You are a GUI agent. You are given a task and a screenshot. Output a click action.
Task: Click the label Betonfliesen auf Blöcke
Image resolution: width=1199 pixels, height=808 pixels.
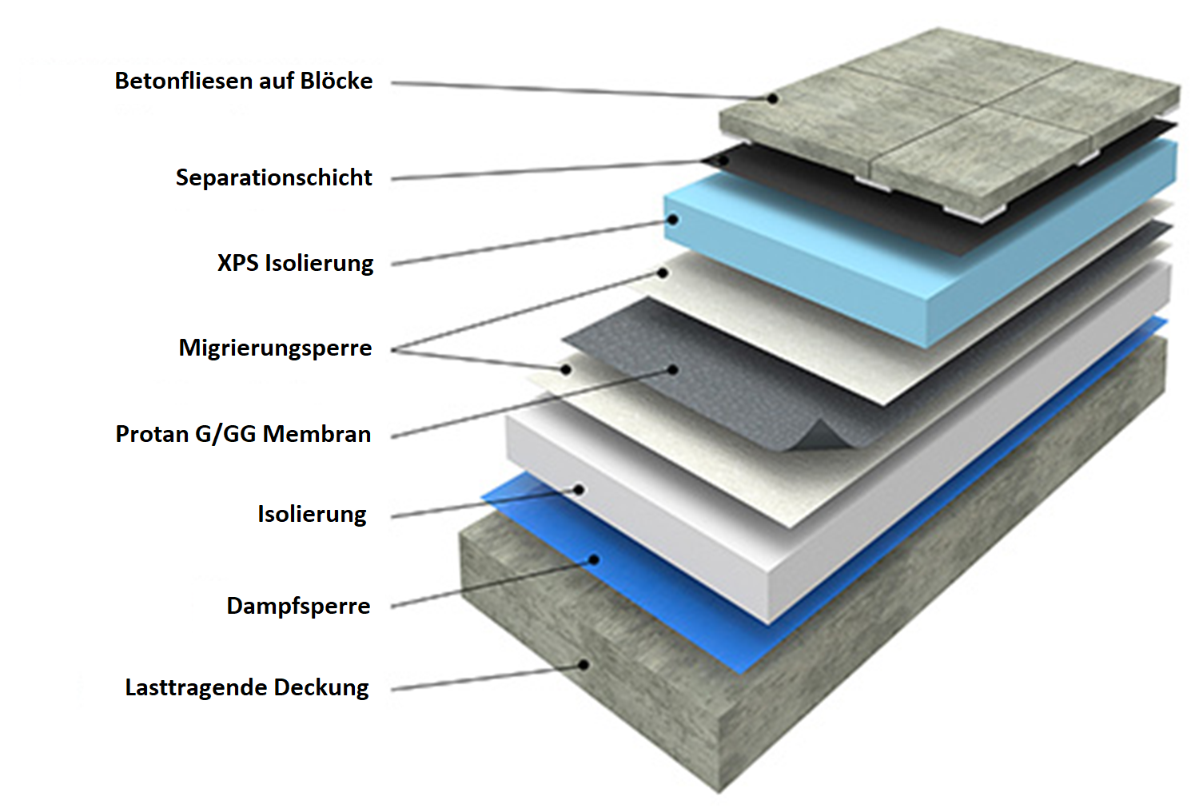[x=244, y=82]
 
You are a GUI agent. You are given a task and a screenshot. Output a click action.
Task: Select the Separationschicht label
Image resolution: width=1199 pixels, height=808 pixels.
[x=273, y=177]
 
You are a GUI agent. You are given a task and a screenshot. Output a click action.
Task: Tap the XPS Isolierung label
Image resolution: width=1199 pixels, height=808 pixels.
[x=295, y=263]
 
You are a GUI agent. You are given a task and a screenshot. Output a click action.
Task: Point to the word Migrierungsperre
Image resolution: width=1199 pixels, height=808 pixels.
[x=275, y=348]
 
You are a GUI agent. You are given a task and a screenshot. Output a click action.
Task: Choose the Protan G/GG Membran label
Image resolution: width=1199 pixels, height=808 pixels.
[x=243, y=434]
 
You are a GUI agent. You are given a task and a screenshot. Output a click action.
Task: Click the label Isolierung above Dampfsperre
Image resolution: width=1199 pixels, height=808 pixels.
[x=312, y=514]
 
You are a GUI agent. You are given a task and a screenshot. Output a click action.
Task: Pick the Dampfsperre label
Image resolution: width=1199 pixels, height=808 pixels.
[x=298, y=606]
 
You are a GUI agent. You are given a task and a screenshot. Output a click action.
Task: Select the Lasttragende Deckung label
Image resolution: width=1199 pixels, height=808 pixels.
[x=247, y=687]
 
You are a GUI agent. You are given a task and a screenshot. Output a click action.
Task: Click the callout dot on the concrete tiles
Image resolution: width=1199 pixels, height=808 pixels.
[x=773, y=98]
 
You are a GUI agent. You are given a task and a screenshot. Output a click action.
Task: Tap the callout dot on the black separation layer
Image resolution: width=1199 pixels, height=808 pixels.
[x=723, y=160]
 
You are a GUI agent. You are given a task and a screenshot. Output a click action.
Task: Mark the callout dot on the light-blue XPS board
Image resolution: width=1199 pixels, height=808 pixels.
[x=674, y=219]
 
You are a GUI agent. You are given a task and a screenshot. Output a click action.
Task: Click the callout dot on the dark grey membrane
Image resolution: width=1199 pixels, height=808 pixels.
[x=673, y=369]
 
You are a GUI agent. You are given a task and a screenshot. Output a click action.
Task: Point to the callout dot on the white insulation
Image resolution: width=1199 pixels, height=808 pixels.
[x=579, y=490]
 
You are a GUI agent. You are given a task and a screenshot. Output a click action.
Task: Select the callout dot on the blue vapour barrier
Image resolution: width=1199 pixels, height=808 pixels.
[x=594, y=559]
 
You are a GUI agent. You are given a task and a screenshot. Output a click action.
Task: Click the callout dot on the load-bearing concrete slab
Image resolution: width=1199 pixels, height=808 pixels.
[x=584, y=664]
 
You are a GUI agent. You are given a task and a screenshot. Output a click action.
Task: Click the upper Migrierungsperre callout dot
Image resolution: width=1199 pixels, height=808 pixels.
[x=663, y=273]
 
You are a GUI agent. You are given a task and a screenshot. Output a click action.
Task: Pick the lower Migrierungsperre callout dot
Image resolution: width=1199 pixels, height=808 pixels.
[x=566, y=369]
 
